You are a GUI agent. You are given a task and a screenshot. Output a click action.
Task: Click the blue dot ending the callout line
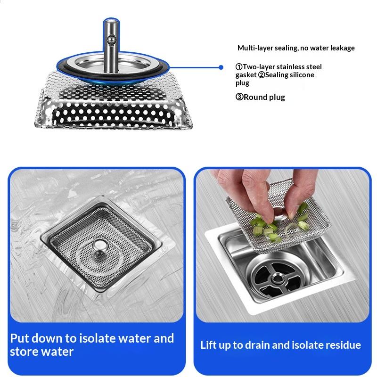click(x=221, y=67)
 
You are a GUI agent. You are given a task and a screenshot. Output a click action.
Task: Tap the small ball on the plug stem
click(x=112, y=40)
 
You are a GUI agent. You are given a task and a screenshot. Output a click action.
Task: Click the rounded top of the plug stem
click(x=111, y=22)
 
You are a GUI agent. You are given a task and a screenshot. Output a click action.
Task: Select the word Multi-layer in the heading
click(x=255, y=48)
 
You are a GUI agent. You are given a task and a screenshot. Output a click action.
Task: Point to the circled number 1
click(x=239, y=66)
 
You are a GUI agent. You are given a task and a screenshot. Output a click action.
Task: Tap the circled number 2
click(x=262, y=75)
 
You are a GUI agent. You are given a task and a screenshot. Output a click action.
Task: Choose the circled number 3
click(x=239, y=97)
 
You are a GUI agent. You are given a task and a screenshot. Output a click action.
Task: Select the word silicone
click(x=302, y=75)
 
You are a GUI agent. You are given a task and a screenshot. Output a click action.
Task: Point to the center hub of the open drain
click(x=277, y=279)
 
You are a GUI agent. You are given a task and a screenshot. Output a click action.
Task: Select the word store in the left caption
click(x=24, y=352)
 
